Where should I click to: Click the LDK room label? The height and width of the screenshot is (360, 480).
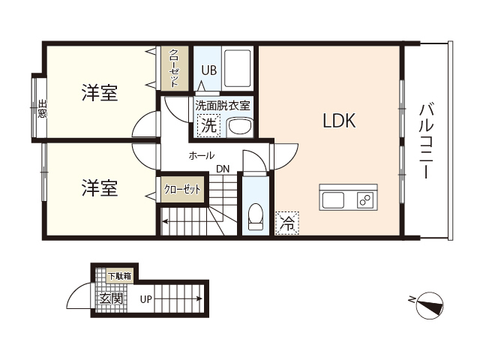[339, 120]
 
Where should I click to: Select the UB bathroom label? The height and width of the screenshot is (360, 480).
[208, 70]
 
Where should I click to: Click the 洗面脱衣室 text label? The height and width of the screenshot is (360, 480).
[222, 106]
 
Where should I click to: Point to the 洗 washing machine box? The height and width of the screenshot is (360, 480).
[208, 126]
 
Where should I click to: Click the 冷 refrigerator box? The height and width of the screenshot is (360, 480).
[286, 222]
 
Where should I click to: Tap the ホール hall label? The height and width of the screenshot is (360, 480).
[201, 155]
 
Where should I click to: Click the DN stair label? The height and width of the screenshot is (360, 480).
[223, 169]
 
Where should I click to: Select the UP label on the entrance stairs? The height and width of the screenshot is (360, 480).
[145, 299]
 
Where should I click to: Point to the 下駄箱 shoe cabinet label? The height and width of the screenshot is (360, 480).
[119, 276]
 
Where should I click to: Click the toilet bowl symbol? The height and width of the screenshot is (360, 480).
[255, 214]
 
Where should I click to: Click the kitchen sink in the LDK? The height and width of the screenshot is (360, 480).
[333, 200]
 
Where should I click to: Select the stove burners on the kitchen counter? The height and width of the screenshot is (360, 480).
[365, 200]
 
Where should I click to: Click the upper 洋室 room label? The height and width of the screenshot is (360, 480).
[100, 94]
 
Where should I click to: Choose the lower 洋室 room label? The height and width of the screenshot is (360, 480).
[100, 187]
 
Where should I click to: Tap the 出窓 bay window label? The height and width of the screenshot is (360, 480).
[42, 109]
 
